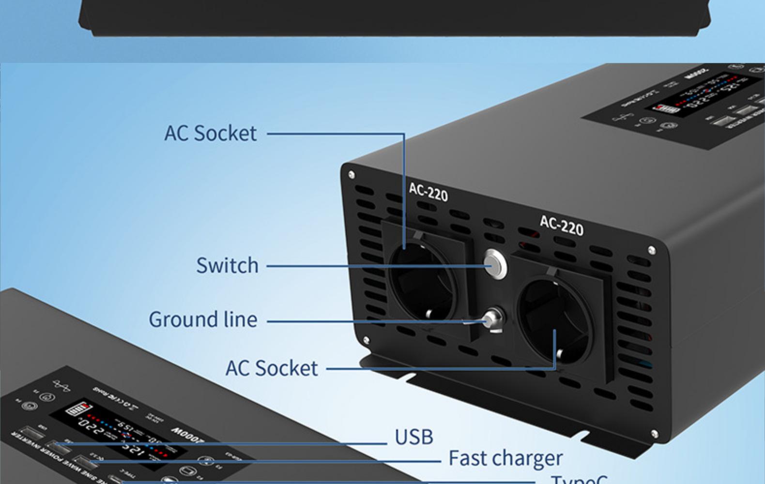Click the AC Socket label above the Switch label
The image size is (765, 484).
point(210,134)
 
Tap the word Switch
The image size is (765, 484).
point(227,266)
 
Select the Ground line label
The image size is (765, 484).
point(203,320)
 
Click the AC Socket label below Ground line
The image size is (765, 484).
point(272,368)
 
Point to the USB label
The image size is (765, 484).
point(414,437)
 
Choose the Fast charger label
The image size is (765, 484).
point(505,458)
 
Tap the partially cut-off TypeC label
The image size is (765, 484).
point(579,479)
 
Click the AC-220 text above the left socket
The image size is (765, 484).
point(428,192)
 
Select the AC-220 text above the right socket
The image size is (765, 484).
point(562,226)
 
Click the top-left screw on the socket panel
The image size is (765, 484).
point(351,175)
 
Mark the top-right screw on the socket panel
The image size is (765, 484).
point(652,250)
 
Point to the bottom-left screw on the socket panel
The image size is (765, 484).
point(366,340)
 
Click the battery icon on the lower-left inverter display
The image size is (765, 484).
point(78,409)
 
